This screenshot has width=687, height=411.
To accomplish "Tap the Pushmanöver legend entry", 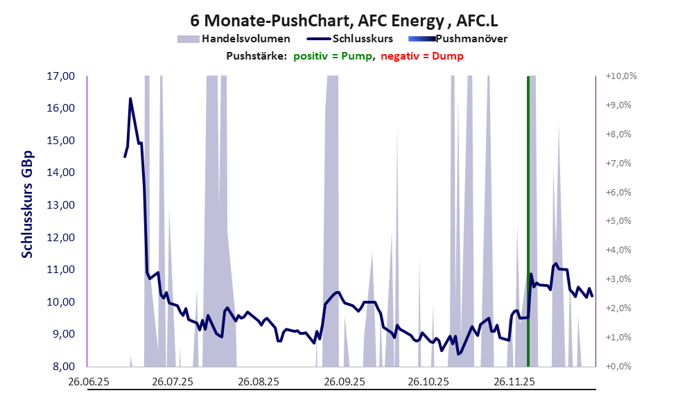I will pos(471,39).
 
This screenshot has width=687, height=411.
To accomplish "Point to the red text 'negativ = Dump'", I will pos(422,56).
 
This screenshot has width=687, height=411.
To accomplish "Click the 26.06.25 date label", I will pos(87,382).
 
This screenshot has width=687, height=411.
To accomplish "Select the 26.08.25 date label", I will pos(258,382).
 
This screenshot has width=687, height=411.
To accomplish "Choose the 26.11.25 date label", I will pos(514,382).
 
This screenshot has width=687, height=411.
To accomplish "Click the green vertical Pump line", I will pos(528,208).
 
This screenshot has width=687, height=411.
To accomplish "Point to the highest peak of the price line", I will pos(130,99).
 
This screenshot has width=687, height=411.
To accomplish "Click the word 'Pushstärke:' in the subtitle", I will pos(256,56).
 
